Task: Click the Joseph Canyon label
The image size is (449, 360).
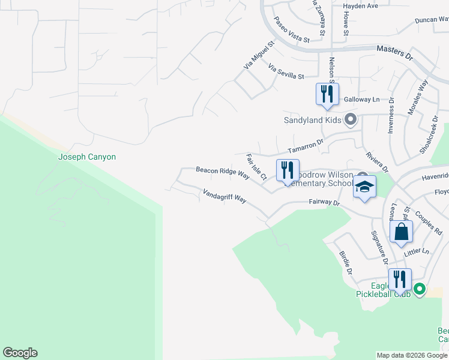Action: tap(86, 157)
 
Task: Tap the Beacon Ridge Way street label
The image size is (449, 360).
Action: tap(223, 173)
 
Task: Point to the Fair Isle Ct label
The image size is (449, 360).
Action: tap(256, 167)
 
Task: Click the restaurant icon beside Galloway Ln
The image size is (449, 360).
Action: tap(327, 94)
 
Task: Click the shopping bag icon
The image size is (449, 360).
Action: tap(401, 232)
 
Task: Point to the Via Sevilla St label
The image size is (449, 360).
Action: tap(287, 72)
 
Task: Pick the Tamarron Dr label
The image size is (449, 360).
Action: tap(305, 146)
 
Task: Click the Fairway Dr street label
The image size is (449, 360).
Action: tap(325, 203)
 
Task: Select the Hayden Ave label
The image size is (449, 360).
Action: tap(360, 6)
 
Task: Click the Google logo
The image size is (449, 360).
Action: tap(20, 353)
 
